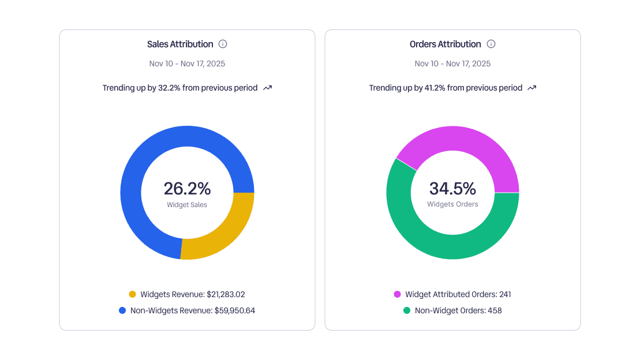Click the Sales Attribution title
[180, 44]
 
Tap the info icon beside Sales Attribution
[223, 44]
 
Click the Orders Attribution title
[445, 44]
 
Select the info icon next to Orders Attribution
[491, 44]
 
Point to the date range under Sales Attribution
[187, 63]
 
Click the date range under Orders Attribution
[452, 63]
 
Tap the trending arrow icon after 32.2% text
[267, 88]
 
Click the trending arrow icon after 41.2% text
[532, 88]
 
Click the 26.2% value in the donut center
[187, 189]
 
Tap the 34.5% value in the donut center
[452, 189]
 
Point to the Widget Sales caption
[187, 205]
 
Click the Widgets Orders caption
[452, 204]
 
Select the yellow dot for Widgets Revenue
[132, 294]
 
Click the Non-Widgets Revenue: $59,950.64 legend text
[192, 310]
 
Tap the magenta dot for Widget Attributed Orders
[397, 294]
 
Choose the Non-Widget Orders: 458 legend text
[458, 310]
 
